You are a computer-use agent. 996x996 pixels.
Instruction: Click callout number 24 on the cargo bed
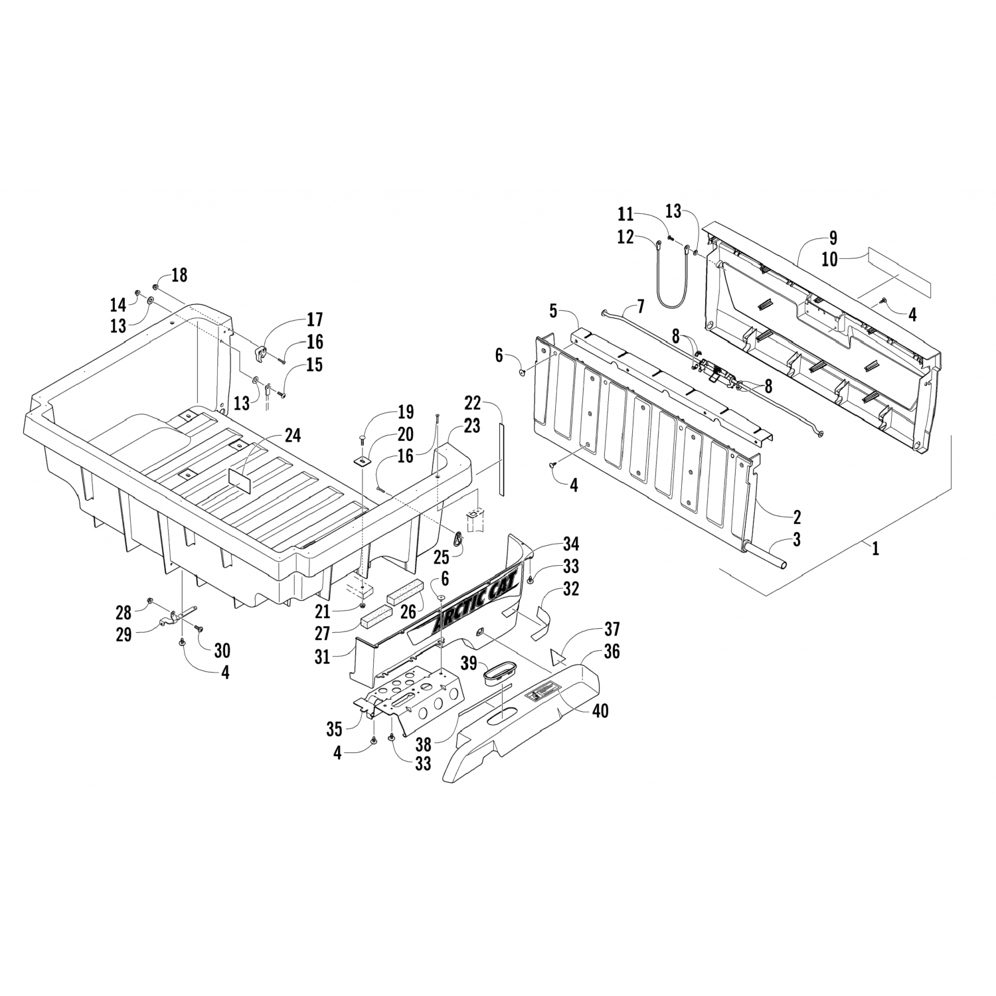(292, 436)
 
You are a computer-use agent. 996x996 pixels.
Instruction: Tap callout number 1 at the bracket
(875, 548)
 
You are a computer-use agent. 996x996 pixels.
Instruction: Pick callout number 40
(600, 710)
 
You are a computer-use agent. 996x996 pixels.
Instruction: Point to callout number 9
(833, 238)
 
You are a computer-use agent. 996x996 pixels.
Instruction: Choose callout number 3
(796, 539)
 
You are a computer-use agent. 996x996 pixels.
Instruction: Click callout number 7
(640, 307)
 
